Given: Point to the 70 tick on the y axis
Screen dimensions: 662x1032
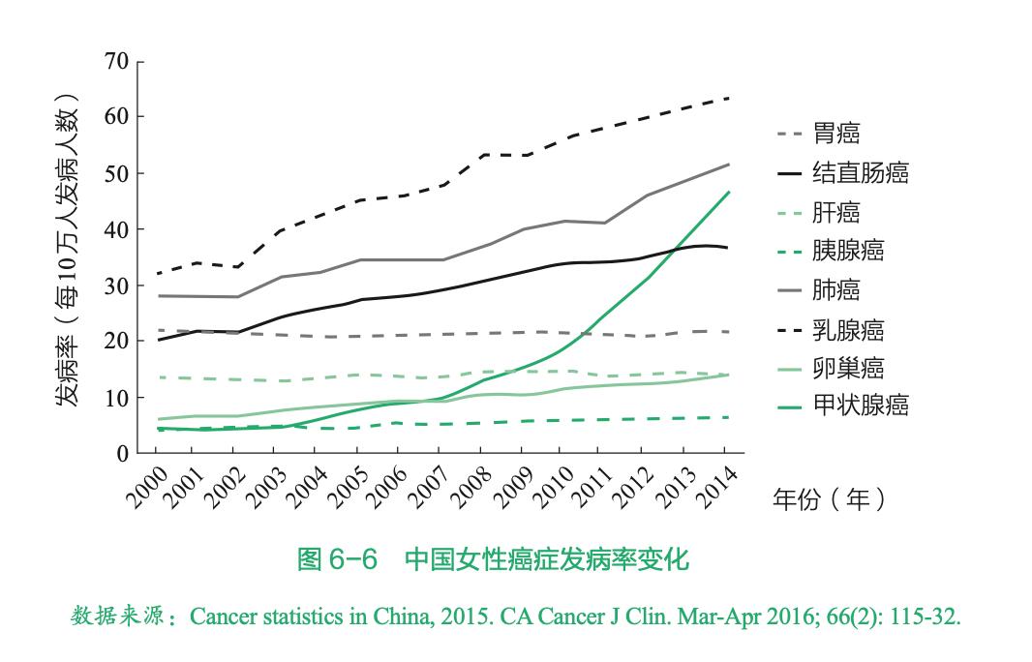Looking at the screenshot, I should [117, 63].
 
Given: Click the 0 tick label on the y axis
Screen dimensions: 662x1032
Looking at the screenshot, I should [123, 453].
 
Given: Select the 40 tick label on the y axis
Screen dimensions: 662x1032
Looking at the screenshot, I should [117, 229].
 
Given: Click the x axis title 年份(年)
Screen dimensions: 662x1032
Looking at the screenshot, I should [828, 499].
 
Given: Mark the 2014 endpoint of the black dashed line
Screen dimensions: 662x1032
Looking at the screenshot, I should [728, 99].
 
